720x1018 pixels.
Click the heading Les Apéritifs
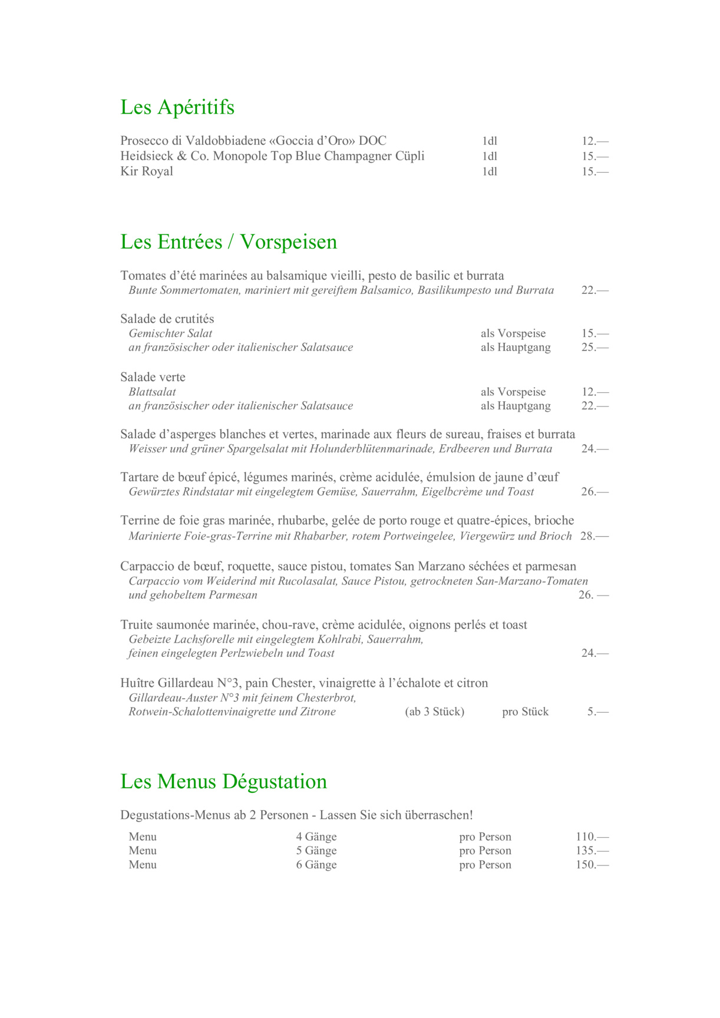pos(177,107)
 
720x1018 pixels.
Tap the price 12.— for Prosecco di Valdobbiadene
pos(595,141)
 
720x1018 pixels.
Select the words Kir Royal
pos(147,171)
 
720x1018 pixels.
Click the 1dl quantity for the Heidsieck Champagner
pos(490,156)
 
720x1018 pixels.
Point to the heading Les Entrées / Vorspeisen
pos(229,242)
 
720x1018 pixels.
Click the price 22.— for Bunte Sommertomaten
pos(595,290)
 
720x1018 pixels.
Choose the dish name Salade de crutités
pos(167,319)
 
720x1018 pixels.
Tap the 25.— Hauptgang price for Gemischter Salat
pos(595,347)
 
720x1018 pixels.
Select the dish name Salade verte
pos(153,377)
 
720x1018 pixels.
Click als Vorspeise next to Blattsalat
pos(513,392)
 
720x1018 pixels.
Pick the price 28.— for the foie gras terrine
pos(594,536)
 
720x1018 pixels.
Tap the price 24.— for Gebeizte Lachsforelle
pos(595,653)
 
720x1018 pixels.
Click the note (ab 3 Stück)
pos(434,712)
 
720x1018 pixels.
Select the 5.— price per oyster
pos(597,712)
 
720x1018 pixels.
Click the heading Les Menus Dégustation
pos(223,782)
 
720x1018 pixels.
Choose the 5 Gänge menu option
pos(316,851)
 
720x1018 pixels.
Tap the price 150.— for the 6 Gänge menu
pos(592,865)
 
